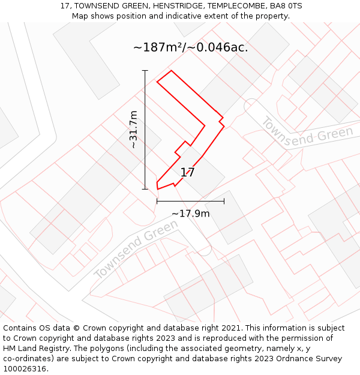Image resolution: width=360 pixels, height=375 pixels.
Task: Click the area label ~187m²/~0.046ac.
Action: pyautogui.click(x=190, y=47)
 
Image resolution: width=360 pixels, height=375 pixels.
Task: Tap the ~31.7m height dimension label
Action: pyautogui.click(x=133, y=130)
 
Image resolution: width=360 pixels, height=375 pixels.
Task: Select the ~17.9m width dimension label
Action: pyautogui.click(x=190, y=214)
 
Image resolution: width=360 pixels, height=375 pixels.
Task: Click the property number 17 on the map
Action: pyautogui.click(x=187, y=173)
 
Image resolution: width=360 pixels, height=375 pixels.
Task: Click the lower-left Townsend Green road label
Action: pyautogui.click(x=136, y=248)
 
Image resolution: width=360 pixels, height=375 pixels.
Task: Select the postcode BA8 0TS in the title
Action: pyautogui.click(x=286, y=6)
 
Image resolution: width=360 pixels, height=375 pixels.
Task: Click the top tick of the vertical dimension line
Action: pyautogui.click(x=145, y=71)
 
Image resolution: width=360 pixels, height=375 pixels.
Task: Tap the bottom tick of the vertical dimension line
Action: pyautogui.click(x=145, y=189)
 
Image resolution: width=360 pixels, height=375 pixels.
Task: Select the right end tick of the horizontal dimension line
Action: pyautogui.click(x=224, y=201)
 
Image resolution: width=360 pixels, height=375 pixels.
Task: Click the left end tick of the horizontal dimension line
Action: pyautogui.click(x=157, y=201)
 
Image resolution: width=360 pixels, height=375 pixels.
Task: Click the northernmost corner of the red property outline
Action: pyautogui.click(x=172, y=71)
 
